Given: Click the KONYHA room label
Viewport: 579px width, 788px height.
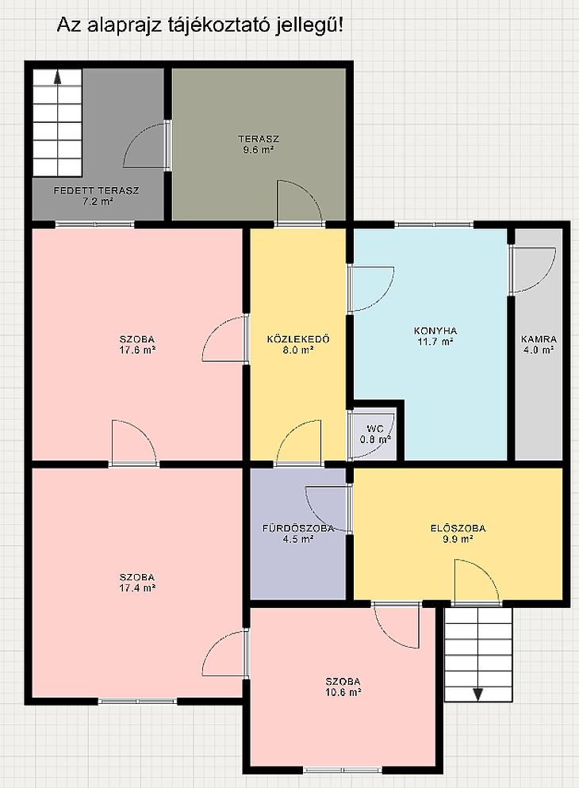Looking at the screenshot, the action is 435,331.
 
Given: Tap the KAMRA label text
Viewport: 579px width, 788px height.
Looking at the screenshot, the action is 539,339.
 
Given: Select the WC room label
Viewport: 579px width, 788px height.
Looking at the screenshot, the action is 375,429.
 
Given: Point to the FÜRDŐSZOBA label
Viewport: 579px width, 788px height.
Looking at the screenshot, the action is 298,528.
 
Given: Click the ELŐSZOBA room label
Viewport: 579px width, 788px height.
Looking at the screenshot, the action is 458,528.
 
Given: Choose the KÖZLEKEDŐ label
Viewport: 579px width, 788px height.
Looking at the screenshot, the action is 298,339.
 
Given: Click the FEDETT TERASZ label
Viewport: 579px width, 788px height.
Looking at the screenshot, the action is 96,190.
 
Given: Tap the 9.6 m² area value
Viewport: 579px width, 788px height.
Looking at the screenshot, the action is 259,149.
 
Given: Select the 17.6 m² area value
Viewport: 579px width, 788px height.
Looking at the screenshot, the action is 137,350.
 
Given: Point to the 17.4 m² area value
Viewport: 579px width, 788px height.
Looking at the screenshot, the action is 137,587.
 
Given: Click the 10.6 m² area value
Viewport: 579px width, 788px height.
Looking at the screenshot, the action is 343,692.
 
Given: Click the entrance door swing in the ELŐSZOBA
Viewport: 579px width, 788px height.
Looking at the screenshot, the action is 478,581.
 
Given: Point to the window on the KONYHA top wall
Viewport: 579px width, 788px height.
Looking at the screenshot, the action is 434,224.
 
